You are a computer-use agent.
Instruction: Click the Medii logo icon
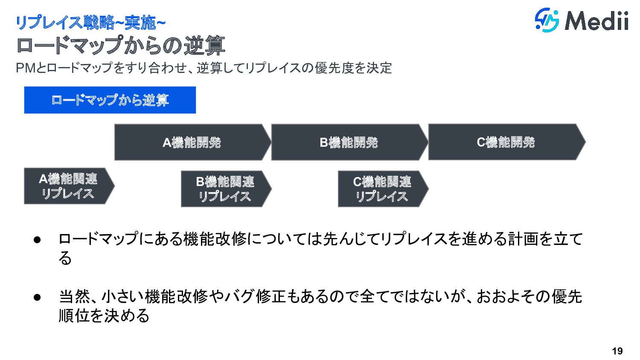[547, 20]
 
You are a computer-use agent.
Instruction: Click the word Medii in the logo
[597, 21]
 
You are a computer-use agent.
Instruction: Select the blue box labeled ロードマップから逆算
[110, 100]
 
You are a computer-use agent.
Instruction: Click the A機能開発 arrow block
[192, 142]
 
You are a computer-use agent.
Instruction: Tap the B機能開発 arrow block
[349, 142]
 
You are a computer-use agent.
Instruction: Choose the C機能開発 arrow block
[506, 142]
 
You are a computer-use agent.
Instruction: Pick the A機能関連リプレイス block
[68, 186]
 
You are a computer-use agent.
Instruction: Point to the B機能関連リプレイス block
[225, 189]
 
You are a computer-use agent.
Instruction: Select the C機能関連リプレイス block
[382, 189]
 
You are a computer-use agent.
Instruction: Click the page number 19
[617, 351]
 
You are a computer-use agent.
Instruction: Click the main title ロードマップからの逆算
[121, 46]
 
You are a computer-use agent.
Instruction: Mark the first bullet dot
[37, 239]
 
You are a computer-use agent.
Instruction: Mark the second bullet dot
[37, 297]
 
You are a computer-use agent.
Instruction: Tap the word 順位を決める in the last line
[104, 316]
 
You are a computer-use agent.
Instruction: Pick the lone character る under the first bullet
[65, 258]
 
